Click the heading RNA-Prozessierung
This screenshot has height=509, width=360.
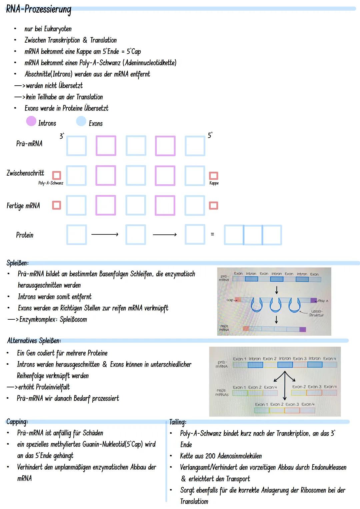(x=38, y=9)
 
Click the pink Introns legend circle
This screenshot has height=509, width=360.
(x=31, y=121)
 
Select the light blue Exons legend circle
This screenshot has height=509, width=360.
(x=81, y=121)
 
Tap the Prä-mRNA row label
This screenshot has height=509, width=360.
(x=29, y=144)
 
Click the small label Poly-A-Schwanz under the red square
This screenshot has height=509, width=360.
(x=51, y=183)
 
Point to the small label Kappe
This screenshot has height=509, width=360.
(x=214, y=183)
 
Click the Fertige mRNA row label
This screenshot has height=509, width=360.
(x=23, y=206)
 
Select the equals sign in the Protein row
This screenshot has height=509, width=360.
(x=212, y=234)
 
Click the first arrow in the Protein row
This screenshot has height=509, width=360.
(x=105, y=235)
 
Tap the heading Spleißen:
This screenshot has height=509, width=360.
(x=17, y=263)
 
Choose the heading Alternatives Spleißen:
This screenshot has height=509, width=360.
(x=34, y=341)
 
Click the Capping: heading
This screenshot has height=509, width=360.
(x=17, y=422)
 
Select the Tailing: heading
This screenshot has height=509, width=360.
(x=178, y=422)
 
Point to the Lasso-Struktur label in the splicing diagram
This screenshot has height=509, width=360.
(x=316, y=313)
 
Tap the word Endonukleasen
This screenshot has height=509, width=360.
(x=329, y=467)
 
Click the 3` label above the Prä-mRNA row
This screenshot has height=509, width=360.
(x=62, y=136)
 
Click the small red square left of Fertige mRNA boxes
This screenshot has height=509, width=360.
(x=57, y=205)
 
